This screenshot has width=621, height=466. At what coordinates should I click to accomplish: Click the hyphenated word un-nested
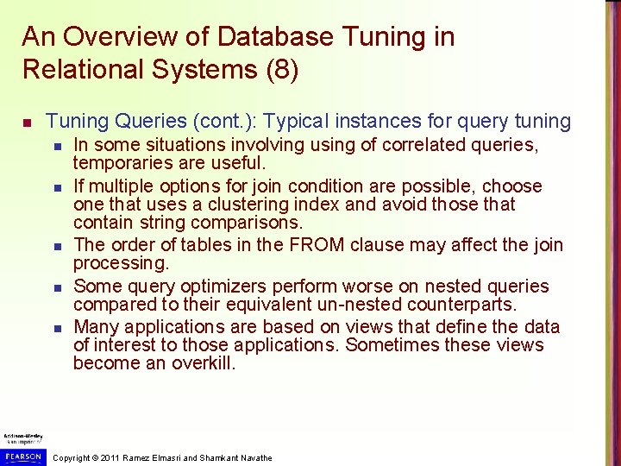(x=361, y=304)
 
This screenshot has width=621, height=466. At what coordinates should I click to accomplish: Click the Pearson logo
(x=22, y=456)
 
